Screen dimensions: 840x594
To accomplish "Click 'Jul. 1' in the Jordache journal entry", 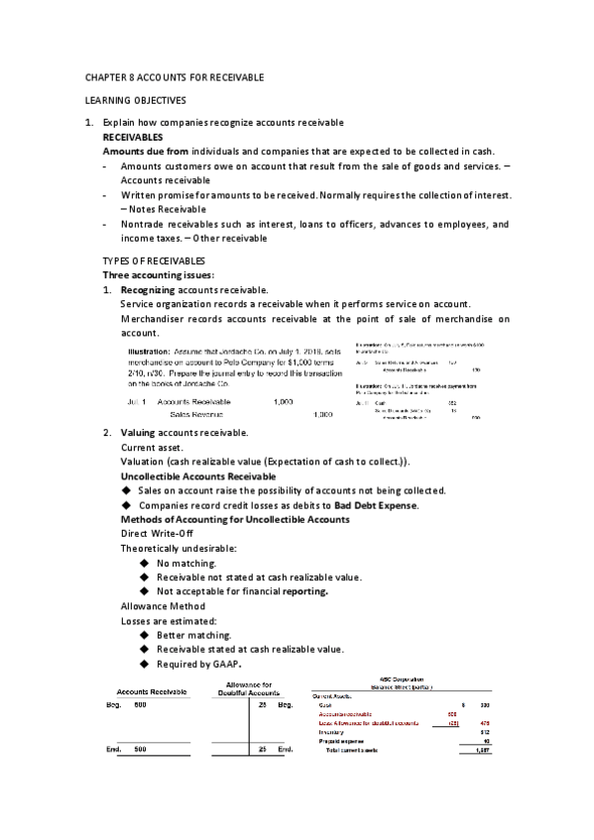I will click(x=137, y=402).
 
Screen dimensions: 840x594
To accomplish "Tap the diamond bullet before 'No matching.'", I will click(x=146, y=563).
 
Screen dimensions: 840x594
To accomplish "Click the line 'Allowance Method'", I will click(x=162, y=605).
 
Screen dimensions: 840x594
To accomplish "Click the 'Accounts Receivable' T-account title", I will click(x=153, y=690).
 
